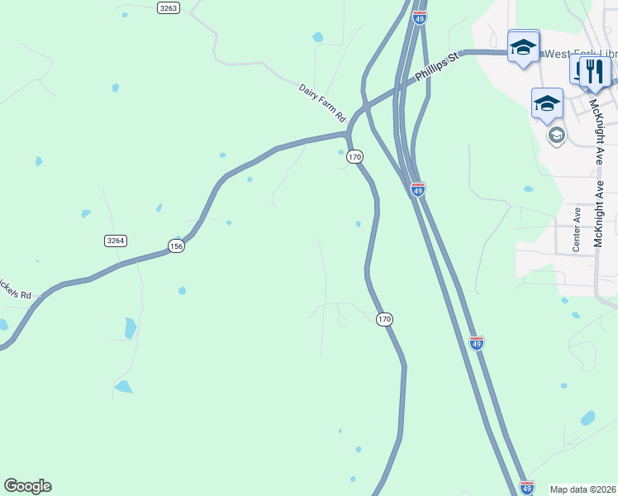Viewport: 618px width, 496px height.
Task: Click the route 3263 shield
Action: [168, 7]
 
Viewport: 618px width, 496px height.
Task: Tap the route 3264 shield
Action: [116, 241]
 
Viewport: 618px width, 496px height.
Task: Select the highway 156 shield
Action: [176, 246]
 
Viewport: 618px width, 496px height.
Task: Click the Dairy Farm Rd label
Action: [322, 103]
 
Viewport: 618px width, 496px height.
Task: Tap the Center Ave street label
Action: [577, 229]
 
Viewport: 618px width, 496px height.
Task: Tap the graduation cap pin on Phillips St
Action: [523, 46]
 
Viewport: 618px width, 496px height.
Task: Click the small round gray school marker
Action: [556, 135]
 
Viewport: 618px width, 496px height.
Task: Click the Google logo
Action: [27, 486]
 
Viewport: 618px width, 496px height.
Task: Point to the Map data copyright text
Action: [582, 489]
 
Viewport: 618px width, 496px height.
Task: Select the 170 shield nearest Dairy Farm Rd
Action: [355, 156]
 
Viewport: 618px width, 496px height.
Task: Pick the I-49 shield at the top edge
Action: [419, 17]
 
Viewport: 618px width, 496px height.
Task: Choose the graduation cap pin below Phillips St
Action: [547, 103]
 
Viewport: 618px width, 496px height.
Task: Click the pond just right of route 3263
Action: [318, 37]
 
